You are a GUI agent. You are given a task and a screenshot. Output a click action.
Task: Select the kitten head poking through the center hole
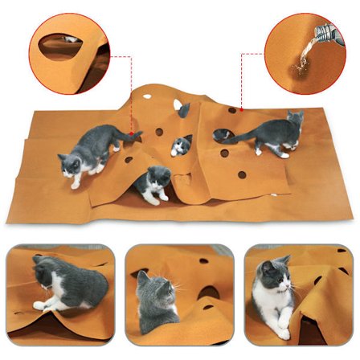pyautogui.click(x=181, y=145)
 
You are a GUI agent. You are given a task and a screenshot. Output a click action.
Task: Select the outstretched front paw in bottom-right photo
pyautogui.click(x=283, y=330)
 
